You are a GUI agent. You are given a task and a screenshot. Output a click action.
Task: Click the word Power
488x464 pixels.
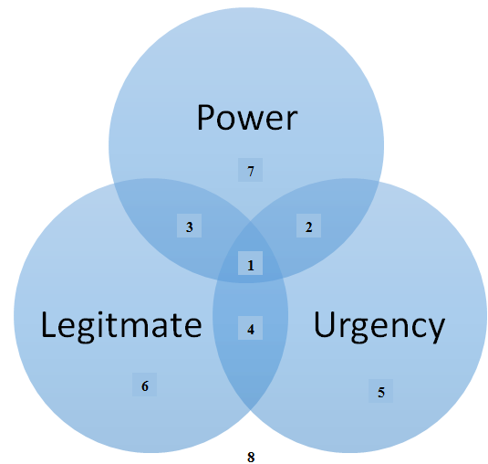click(247, 118)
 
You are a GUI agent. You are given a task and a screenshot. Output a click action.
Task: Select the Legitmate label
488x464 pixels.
click(121, 326)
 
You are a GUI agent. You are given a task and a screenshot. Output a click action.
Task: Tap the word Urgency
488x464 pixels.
click(379, 326)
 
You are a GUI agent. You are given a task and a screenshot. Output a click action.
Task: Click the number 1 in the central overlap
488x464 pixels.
click(251, 266)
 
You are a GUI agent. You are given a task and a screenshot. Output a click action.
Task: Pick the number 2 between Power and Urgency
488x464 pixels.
click(308, 227)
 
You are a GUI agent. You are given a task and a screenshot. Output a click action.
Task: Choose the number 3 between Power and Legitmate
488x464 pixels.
click(189, 227)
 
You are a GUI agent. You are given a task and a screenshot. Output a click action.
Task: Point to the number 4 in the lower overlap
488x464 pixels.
click(251, 330)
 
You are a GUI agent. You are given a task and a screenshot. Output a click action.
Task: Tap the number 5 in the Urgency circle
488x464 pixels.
click(381, 393)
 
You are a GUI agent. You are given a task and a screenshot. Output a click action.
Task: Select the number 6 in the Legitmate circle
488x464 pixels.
click(145, 386)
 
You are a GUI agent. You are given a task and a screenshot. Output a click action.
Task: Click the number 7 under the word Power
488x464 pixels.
click(251, 172)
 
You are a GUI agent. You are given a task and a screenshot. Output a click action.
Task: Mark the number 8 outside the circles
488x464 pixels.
click(251, 457)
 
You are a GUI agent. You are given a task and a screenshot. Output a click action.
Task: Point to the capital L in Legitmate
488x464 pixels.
click(49, 324)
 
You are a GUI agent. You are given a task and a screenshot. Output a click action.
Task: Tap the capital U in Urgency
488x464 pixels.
click(325, 324)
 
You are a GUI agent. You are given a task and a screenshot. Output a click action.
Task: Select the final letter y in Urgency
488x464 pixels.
click(436, 331)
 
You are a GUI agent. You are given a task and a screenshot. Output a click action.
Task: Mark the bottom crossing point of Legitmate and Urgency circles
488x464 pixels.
click(251, 409)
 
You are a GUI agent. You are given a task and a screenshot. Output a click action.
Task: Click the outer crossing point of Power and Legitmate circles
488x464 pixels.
click(114, 184)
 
